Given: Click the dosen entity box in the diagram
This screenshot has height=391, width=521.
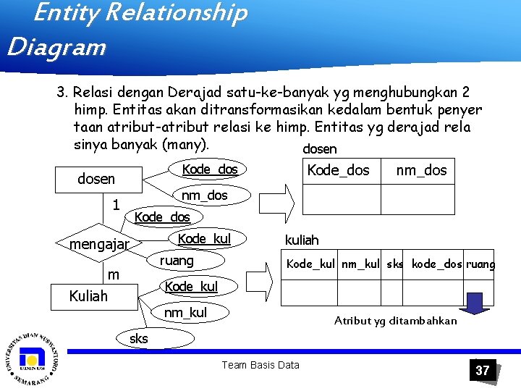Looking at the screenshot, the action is (96, 178).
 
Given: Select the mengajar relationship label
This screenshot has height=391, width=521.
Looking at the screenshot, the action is (99, 245).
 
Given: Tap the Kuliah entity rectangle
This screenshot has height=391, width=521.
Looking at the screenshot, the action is (88, 295).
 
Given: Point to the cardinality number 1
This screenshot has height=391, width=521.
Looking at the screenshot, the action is (116, 205).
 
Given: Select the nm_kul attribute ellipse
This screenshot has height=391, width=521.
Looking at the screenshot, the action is (185, 313).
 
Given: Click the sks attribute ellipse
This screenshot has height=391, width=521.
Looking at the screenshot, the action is (139, 338).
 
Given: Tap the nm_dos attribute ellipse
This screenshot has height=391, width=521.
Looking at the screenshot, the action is (204, 195).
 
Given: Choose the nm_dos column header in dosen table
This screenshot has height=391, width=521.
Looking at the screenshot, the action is (421, 171).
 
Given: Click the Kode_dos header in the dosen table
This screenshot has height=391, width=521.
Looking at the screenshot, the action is (339, 171).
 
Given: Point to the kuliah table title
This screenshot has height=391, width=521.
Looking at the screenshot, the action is (302, 240).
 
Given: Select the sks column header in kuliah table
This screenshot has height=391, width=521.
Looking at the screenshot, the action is (395, 264).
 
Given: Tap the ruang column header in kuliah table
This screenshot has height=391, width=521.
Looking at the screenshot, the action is (480, 264).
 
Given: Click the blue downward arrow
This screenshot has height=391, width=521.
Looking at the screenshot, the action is (475, 303).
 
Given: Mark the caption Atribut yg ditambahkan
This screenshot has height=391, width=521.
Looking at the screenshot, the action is (395, 321).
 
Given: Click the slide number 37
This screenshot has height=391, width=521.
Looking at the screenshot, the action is (482, 370).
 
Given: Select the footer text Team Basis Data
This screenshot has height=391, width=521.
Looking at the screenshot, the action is (260, 365).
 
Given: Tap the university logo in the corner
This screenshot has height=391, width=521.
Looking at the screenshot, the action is (32, 358).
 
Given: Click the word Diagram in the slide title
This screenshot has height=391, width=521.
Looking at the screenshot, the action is (56, 48).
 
